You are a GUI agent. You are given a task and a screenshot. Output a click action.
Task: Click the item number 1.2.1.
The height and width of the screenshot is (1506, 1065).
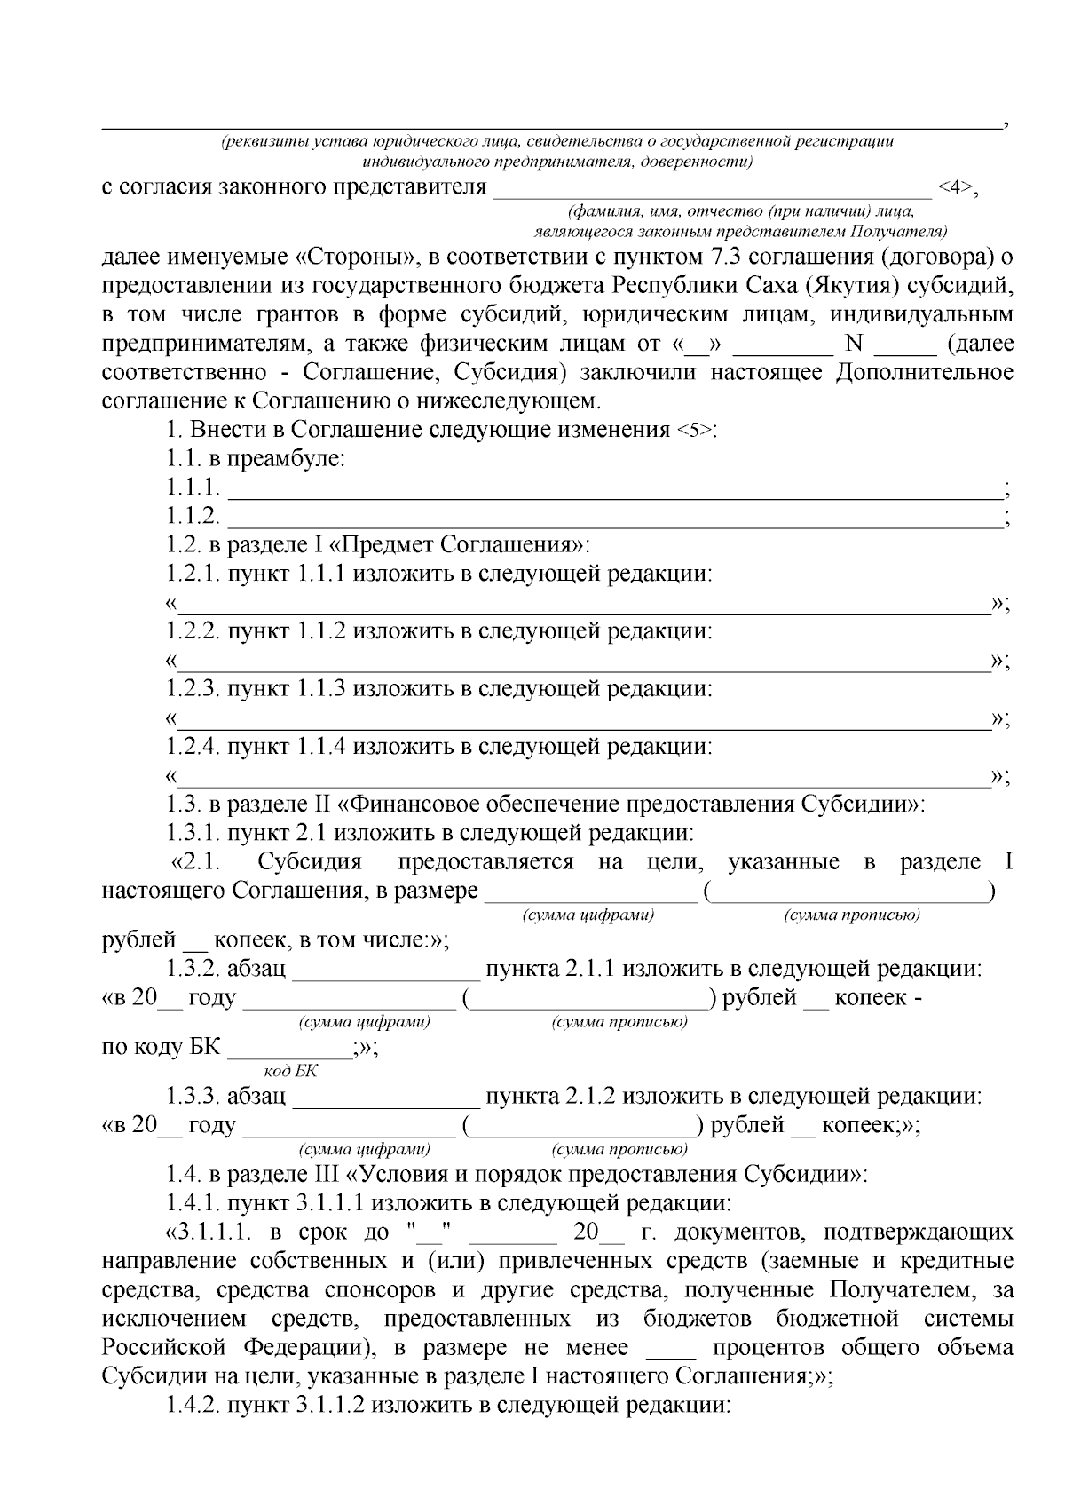(193, 574)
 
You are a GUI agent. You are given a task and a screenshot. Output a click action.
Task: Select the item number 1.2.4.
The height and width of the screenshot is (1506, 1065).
(193, 747)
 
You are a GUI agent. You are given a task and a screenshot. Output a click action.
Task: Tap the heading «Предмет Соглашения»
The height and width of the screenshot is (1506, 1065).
(461, 544)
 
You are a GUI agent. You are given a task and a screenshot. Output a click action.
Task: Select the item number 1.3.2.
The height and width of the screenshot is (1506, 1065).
(193, 969)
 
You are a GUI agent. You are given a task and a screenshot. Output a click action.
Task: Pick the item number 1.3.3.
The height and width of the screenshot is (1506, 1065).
(193, 1097)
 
